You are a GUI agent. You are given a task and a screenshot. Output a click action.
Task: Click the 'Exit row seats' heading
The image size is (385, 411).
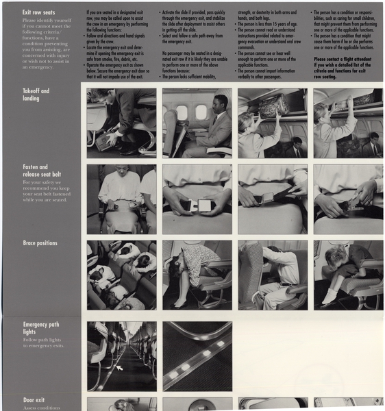39,12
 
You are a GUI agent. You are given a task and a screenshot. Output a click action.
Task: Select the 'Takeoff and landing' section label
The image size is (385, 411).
36,95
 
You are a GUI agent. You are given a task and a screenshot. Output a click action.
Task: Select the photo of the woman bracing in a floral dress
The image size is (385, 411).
197,275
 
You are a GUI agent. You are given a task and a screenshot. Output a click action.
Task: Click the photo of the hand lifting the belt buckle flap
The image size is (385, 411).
348,199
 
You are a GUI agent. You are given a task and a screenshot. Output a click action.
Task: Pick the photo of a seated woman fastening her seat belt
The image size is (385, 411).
121,199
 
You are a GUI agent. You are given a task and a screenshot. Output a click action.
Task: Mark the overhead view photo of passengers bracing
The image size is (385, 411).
121,275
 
